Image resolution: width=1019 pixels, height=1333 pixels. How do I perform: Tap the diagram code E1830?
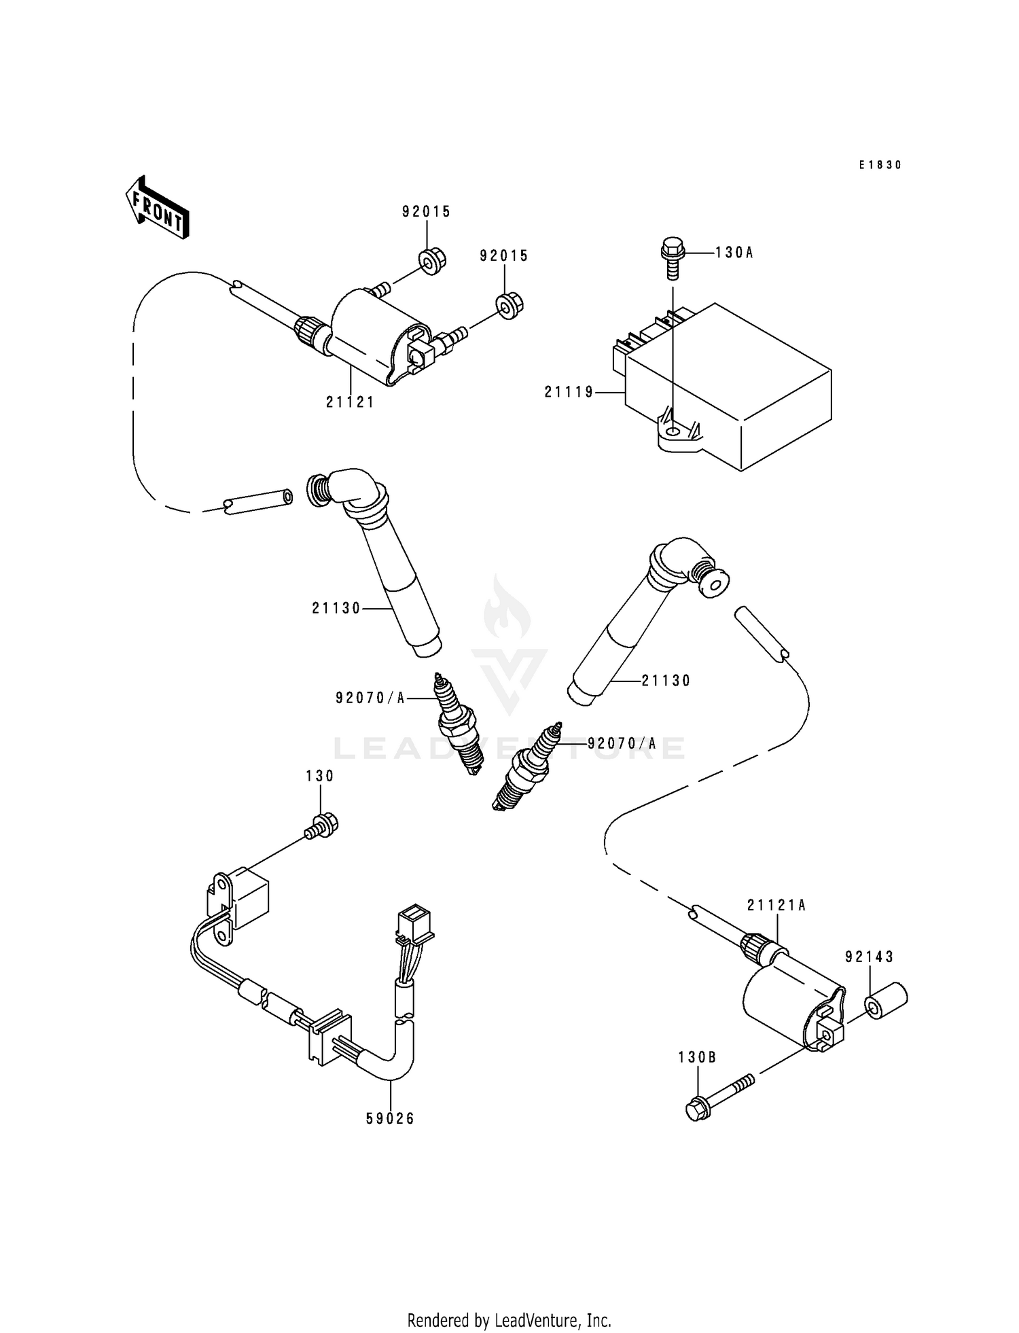880,165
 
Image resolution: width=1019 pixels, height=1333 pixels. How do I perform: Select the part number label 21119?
569,392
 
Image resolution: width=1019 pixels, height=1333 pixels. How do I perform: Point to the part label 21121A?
776,906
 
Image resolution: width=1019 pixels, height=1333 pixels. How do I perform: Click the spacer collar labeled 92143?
886,1001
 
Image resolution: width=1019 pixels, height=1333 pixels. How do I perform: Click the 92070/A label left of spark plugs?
370,698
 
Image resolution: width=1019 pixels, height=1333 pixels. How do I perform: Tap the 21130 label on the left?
336,609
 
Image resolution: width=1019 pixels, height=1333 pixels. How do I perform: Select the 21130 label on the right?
666,681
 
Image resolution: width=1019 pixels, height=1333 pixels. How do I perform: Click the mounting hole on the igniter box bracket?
672,432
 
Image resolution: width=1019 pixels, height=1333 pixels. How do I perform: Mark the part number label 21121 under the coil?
350,402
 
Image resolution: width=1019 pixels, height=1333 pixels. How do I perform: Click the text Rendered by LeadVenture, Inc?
509,1320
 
